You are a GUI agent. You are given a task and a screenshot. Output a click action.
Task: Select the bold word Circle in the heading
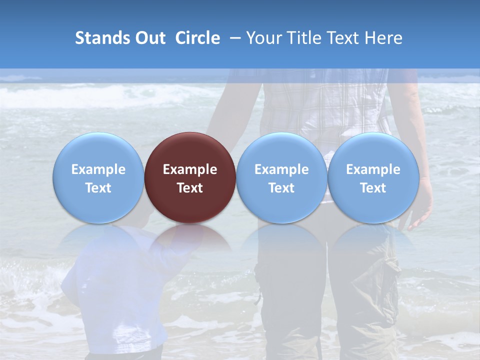(x=197, y=38)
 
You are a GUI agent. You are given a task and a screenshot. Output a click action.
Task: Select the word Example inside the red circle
(x=190, y=169)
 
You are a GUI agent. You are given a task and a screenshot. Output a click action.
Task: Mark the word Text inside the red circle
(x=190, y=188)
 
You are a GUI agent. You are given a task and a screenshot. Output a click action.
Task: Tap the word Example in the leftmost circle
(x=98, y=169)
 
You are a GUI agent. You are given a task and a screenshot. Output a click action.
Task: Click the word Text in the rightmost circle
(x=373, y=188)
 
